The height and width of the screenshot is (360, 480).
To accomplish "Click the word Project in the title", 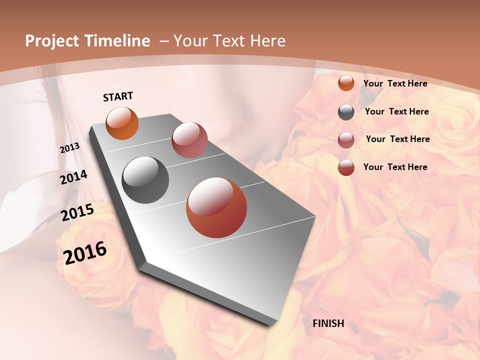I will click(51, 41).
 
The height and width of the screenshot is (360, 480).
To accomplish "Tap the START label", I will click(118, 96).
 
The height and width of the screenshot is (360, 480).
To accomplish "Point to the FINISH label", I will click(328, 323).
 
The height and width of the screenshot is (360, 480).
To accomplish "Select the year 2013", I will click(70, 147).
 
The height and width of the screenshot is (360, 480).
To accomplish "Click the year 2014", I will click(74, 177).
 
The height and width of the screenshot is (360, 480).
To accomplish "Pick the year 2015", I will click(77, 212).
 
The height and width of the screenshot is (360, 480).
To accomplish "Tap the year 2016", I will click(85, 252).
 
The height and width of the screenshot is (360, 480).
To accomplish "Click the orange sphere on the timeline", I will click(122, 123).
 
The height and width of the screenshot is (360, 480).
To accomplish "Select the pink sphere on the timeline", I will click(189, 140).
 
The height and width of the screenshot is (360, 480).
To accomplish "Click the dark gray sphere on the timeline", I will click(145, 180).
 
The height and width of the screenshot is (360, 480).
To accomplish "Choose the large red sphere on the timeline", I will click(216, 207).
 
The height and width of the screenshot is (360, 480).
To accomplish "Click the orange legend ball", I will click(346, 83).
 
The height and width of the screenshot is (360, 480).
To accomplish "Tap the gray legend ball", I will click(346, 112).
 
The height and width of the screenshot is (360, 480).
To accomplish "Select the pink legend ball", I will click(346, 140).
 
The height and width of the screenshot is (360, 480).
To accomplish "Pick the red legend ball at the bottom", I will click(346, 167).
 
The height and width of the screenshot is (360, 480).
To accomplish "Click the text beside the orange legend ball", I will click(395, 83).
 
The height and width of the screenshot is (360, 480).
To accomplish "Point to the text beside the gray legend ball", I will click(396, 111).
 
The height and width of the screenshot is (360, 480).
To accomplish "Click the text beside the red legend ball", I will click(395, 167).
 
